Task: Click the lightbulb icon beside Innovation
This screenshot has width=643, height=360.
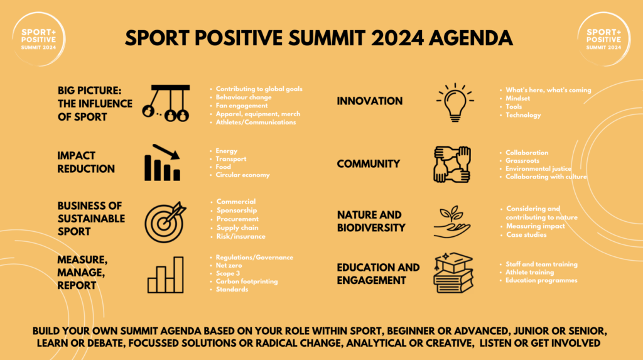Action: pos(455,102)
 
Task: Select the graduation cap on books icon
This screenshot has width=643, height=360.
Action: pos(453,273)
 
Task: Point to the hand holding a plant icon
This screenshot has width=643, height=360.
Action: pos(452,222)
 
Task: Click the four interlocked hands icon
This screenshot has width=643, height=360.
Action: pos(452,164)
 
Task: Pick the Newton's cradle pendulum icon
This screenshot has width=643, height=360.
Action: pos(166,104)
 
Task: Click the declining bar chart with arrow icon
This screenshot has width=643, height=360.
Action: pos(163,163)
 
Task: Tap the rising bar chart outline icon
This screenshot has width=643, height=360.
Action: pos(166,275)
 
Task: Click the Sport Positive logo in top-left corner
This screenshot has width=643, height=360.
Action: pos(38,40)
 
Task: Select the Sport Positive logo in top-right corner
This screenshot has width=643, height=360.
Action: pos(603,40)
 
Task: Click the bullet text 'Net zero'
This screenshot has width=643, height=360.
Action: pos(229,266)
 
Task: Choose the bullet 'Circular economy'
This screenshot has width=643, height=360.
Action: pos(243,175)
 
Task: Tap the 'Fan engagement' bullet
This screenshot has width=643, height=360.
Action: pos(242,106)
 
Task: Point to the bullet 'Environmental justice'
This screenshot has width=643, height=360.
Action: pos(538,169)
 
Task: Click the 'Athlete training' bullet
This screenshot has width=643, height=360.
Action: pos(529,272)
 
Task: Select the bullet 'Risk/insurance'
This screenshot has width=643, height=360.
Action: pos(240,236)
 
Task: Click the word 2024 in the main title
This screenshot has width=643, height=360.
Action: pos(397,38)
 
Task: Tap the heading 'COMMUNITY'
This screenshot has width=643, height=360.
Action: pos(368,164)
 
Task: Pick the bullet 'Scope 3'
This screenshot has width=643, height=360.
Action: pos(227,273)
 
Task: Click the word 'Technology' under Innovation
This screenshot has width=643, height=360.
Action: pos(523,115)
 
